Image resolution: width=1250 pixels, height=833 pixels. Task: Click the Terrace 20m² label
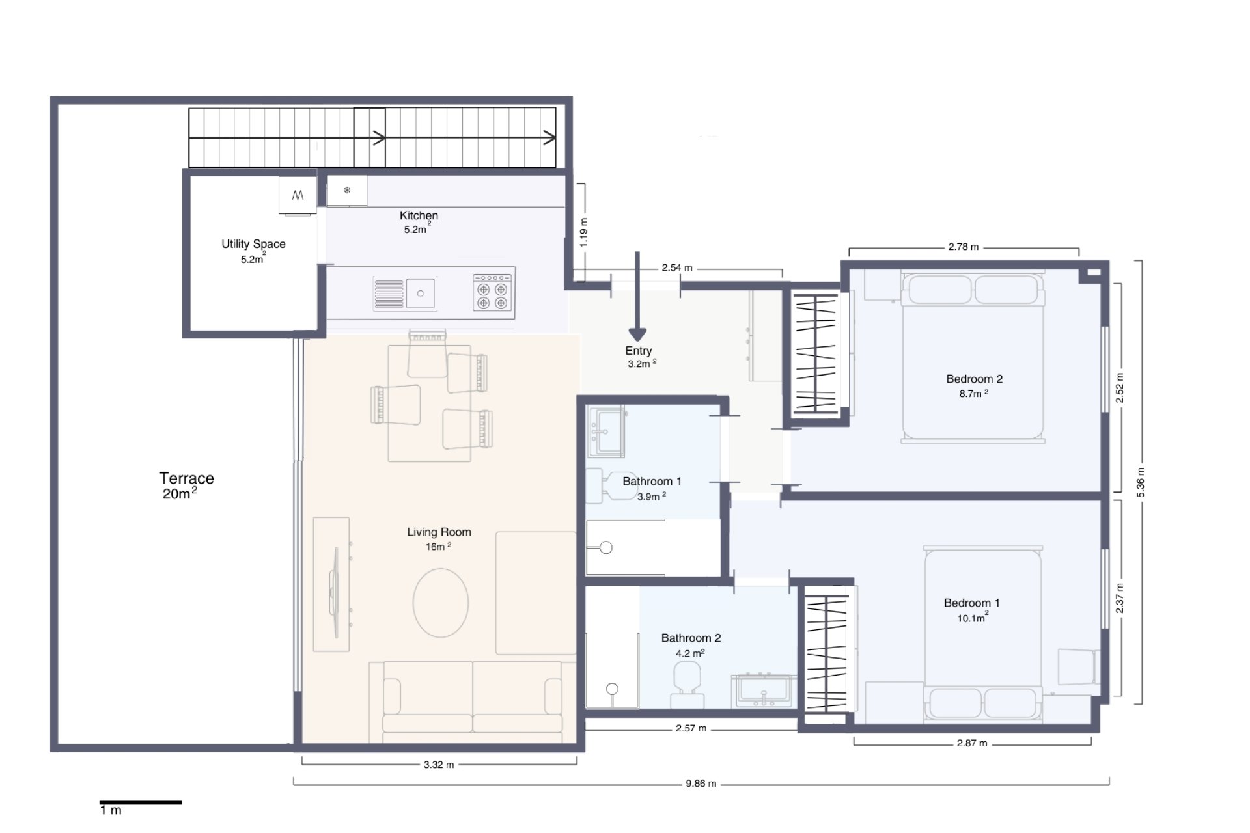point(186,485)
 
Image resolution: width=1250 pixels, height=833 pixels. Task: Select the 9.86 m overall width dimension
point(701,783)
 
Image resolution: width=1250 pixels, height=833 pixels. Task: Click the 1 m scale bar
point(141,802)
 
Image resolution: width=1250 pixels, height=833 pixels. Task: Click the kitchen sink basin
point(421,294)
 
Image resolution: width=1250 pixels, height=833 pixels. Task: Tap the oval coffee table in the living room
point(441,603)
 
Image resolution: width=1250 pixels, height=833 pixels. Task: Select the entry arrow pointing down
point(637,299)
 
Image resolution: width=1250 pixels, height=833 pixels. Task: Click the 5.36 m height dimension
point(1140,482)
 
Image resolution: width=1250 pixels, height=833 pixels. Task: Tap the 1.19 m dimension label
point(584,232)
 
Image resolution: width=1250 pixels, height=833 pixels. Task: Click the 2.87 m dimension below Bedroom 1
point(971,743)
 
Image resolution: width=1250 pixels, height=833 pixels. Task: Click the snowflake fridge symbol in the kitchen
point(347,191)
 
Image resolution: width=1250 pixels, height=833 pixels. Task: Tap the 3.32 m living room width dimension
point(438,765)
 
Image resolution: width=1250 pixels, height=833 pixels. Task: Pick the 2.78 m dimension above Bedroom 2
point(963,247)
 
